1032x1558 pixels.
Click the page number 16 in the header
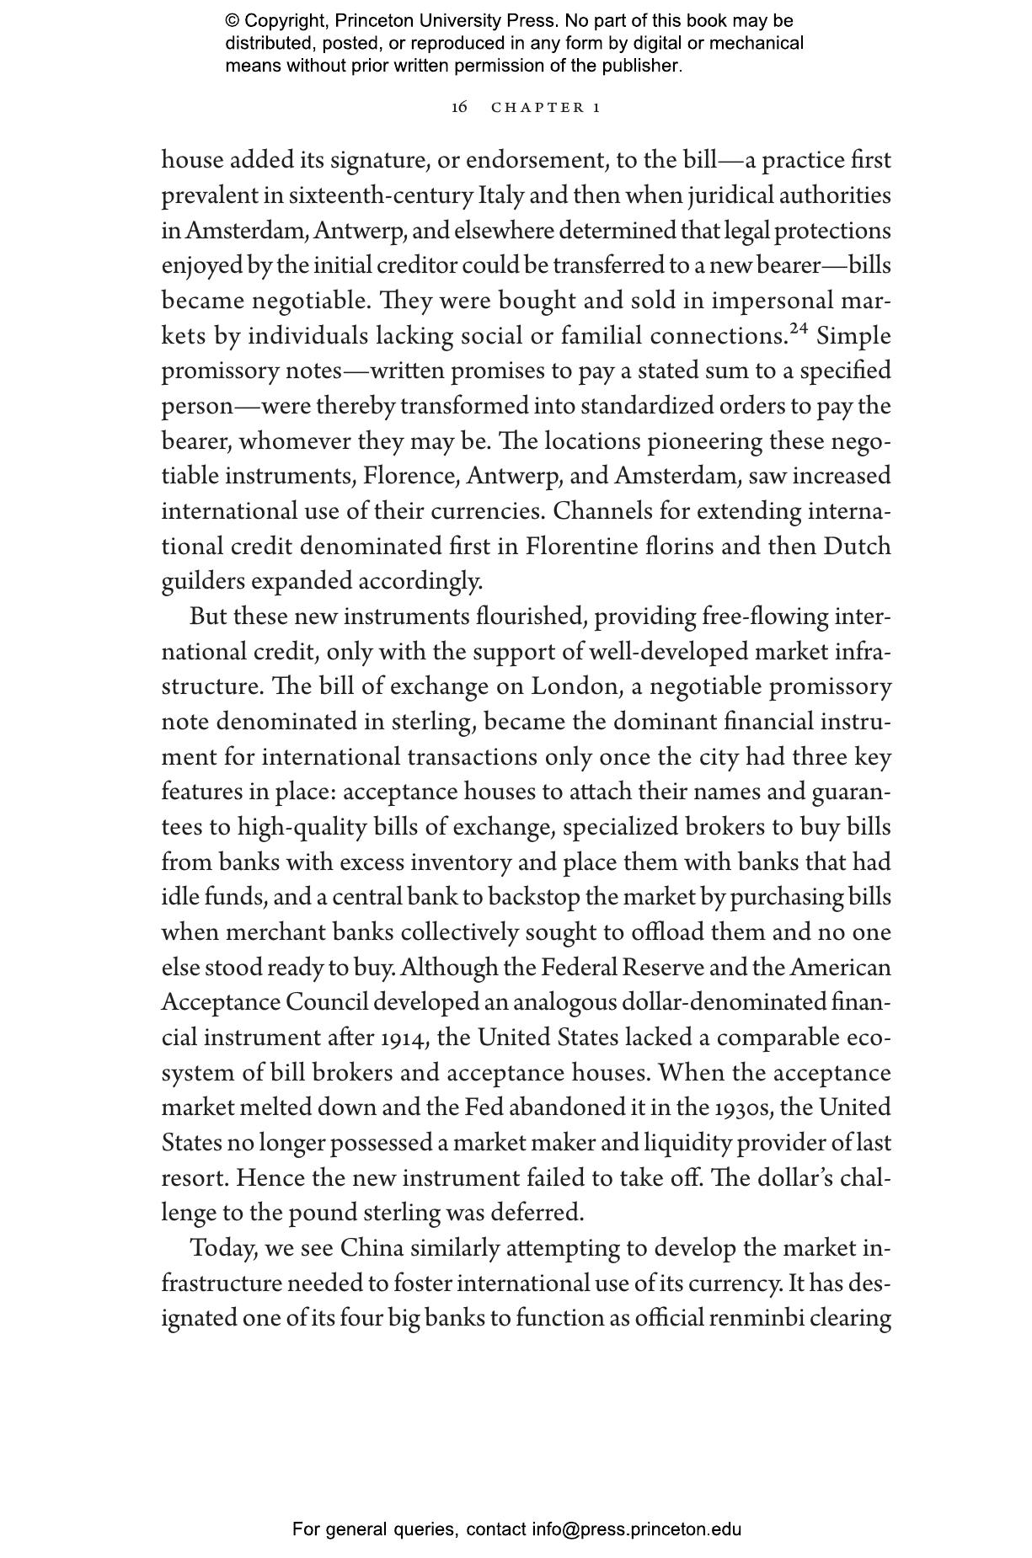click(x=459, y=107)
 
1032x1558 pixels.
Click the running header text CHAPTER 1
click(x=546, y=107)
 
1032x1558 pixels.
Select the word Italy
click(x=502, y=196)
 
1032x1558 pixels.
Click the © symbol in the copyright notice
click(x=233, y=21)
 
